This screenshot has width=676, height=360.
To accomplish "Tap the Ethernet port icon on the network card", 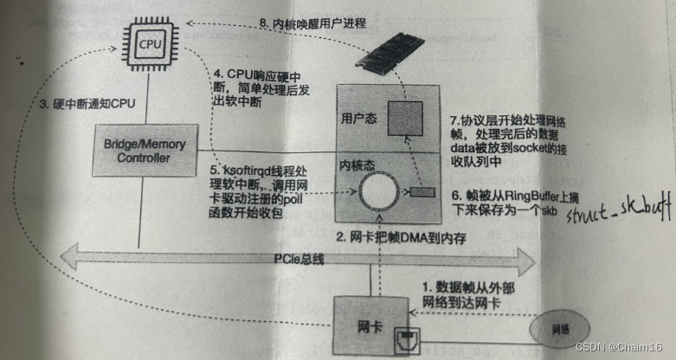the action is coord(404,340).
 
